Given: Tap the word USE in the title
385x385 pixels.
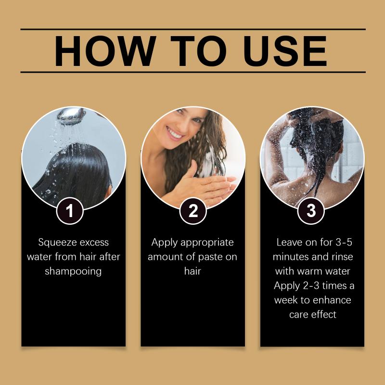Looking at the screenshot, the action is coord(285,51).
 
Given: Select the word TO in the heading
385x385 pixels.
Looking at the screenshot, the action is coord(198,51).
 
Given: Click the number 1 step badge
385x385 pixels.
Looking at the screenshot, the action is coord(70,211).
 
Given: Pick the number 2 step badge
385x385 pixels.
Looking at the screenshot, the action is coord(193,211).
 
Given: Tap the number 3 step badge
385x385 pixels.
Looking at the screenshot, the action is coord(311,211).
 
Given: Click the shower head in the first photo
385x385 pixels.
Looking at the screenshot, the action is coord(71,116).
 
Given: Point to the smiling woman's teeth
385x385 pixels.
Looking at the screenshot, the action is coord(175,134).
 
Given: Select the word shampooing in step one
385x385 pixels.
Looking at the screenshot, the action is coord(73,271).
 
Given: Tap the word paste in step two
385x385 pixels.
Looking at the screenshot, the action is coord(210,257).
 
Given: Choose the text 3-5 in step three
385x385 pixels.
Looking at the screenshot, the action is coord(344,242).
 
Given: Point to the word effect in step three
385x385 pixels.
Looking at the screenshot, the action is coord(325,315).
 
